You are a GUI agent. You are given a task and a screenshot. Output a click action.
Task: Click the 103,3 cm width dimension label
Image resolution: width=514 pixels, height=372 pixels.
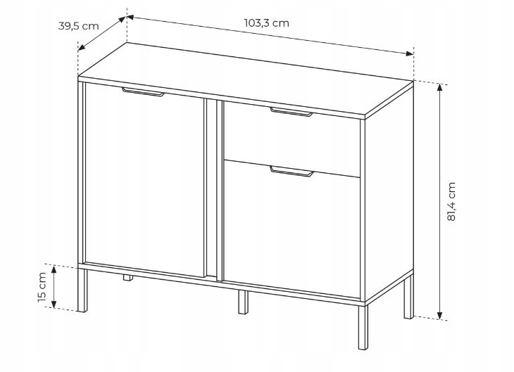(x=267, y=23)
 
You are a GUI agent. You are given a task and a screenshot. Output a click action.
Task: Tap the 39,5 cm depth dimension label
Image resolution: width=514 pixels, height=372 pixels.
(x=78, y=26)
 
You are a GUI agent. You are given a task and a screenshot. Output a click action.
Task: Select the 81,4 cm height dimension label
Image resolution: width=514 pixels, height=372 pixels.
(x=451, y=201)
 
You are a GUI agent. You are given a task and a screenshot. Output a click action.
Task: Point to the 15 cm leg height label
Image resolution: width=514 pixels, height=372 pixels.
(x=42, y=287)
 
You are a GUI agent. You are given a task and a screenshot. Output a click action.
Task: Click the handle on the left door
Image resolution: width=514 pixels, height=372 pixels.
(x=143, y=92)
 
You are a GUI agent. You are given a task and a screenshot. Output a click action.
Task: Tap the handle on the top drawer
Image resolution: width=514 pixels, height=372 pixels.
(x=292, y=112)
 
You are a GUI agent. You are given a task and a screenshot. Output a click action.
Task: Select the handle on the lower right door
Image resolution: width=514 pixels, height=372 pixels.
(x=292, y=172)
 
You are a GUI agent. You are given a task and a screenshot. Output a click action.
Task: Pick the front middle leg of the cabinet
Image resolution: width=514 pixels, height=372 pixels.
(x=243, y=302)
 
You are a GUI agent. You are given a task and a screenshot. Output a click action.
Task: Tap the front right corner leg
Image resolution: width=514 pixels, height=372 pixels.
(x=363, y=327)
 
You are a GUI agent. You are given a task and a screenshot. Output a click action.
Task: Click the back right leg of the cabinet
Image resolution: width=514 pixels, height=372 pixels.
(x=409, y=297)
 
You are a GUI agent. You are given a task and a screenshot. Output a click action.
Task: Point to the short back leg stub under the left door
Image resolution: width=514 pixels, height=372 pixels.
(x=128, y=278)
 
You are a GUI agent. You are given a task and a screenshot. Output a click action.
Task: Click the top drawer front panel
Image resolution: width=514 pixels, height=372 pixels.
(x=292, y=139)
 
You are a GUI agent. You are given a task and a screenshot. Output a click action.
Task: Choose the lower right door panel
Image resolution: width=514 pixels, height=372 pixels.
(x=292, y=229)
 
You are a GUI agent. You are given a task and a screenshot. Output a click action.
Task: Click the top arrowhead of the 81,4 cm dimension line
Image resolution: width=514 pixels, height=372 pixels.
(x=440, y=87)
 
